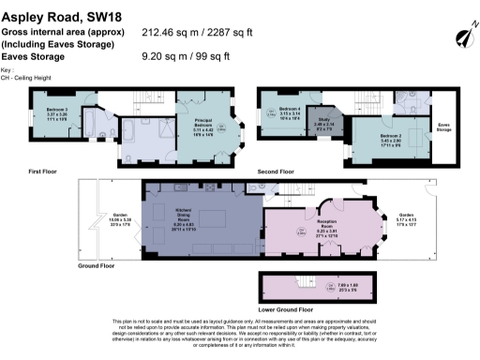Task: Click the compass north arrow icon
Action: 460,37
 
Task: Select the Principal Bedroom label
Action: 204,127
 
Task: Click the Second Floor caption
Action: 275,172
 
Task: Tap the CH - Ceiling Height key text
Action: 28,79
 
